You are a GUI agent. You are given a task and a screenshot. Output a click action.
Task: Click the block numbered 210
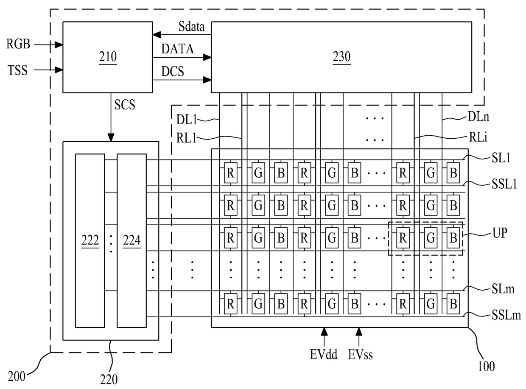(107, 57)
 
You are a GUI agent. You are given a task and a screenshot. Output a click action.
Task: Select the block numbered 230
(341, 57)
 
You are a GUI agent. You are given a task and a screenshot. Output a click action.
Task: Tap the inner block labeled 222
(90, 241)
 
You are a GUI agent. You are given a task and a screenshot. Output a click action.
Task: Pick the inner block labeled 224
(131, 241)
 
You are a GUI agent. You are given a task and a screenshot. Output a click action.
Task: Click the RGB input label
(18, 44)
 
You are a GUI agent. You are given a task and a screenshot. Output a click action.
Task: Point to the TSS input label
(17, 70)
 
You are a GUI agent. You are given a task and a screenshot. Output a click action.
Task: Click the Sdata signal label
(191, 27)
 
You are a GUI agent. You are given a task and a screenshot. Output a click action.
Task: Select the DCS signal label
(173, 71)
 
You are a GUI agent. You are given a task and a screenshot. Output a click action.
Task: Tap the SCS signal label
(125, 105)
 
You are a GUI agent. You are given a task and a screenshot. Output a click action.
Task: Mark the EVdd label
(324, 355)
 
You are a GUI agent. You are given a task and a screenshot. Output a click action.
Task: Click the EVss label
(360, 355)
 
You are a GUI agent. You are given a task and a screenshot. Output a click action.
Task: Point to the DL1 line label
(186, 120)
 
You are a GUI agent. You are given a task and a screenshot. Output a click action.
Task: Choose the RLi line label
(478, 137)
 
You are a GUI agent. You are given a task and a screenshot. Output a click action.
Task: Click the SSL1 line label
(504, 184)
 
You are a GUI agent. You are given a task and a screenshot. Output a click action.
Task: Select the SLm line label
(503, 289)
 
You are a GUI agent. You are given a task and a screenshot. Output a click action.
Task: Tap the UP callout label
(500, 233)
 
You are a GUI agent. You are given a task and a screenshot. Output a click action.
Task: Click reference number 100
(486, 367)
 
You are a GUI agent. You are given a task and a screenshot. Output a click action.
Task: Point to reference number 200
(17, 376)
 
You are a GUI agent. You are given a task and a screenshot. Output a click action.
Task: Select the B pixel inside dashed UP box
(453, 238)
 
